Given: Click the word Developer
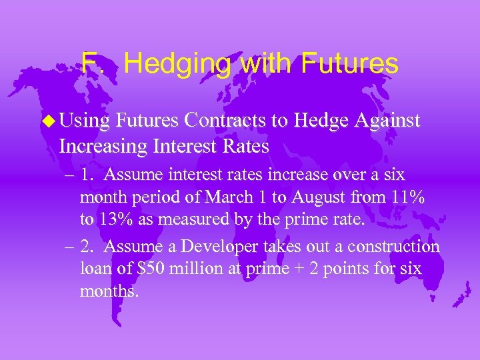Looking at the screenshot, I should click(207, 247).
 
